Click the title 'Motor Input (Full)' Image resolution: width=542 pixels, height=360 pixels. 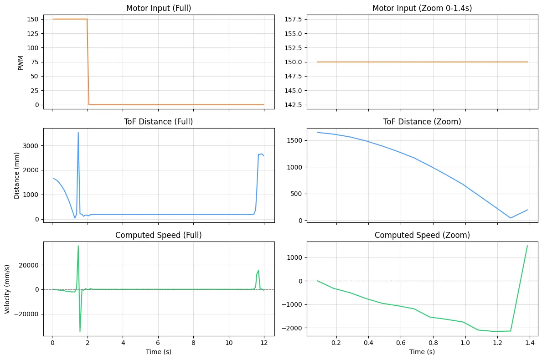(x=158, y=9)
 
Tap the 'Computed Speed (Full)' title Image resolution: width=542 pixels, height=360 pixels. (x=158, y=235)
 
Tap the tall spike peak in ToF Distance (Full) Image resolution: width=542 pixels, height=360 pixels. (x=78, y=133)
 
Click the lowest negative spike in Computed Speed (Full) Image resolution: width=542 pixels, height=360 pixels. (x=80, y=331)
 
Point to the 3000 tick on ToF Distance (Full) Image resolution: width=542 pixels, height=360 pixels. (x=31, y=146)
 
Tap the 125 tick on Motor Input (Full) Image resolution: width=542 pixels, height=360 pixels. (x=33, y=33)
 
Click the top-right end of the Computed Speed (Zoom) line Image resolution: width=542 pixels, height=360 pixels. (x=527, y=246)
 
